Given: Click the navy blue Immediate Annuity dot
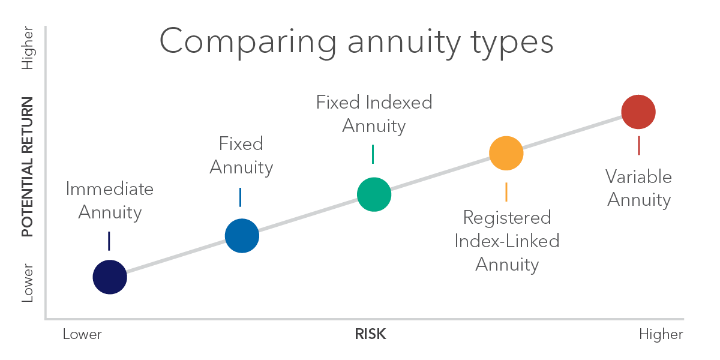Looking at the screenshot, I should coord(110,277).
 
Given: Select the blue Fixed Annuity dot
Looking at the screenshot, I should coord(242,235).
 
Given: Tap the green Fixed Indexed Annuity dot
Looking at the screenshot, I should coord(374,194).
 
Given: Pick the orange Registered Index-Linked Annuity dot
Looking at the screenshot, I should coord(506,153).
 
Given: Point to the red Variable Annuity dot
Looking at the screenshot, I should coord(638,112).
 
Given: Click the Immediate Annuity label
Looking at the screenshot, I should coord(110,200).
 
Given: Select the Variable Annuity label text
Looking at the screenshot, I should coord(638,188).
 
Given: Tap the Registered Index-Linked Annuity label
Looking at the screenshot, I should coord(507,241).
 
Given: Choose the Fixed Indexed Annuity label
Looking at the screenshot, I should coord(374,114).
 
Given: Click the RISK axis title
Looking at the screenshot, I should coord(370,334).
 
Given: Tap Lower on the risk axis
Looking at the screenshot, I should coord(82,334).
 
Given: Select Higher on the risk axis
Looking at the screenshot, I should coord(661,334).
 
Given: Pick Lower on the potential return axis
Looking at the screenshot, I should coord(28,283).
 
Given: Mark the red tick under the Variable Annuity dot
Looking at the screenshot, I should coord(638,145).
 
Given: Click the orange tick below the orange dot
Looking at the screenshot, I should coord(506,191).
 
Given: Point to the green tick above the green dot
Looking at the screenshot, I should coord(373,154).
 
